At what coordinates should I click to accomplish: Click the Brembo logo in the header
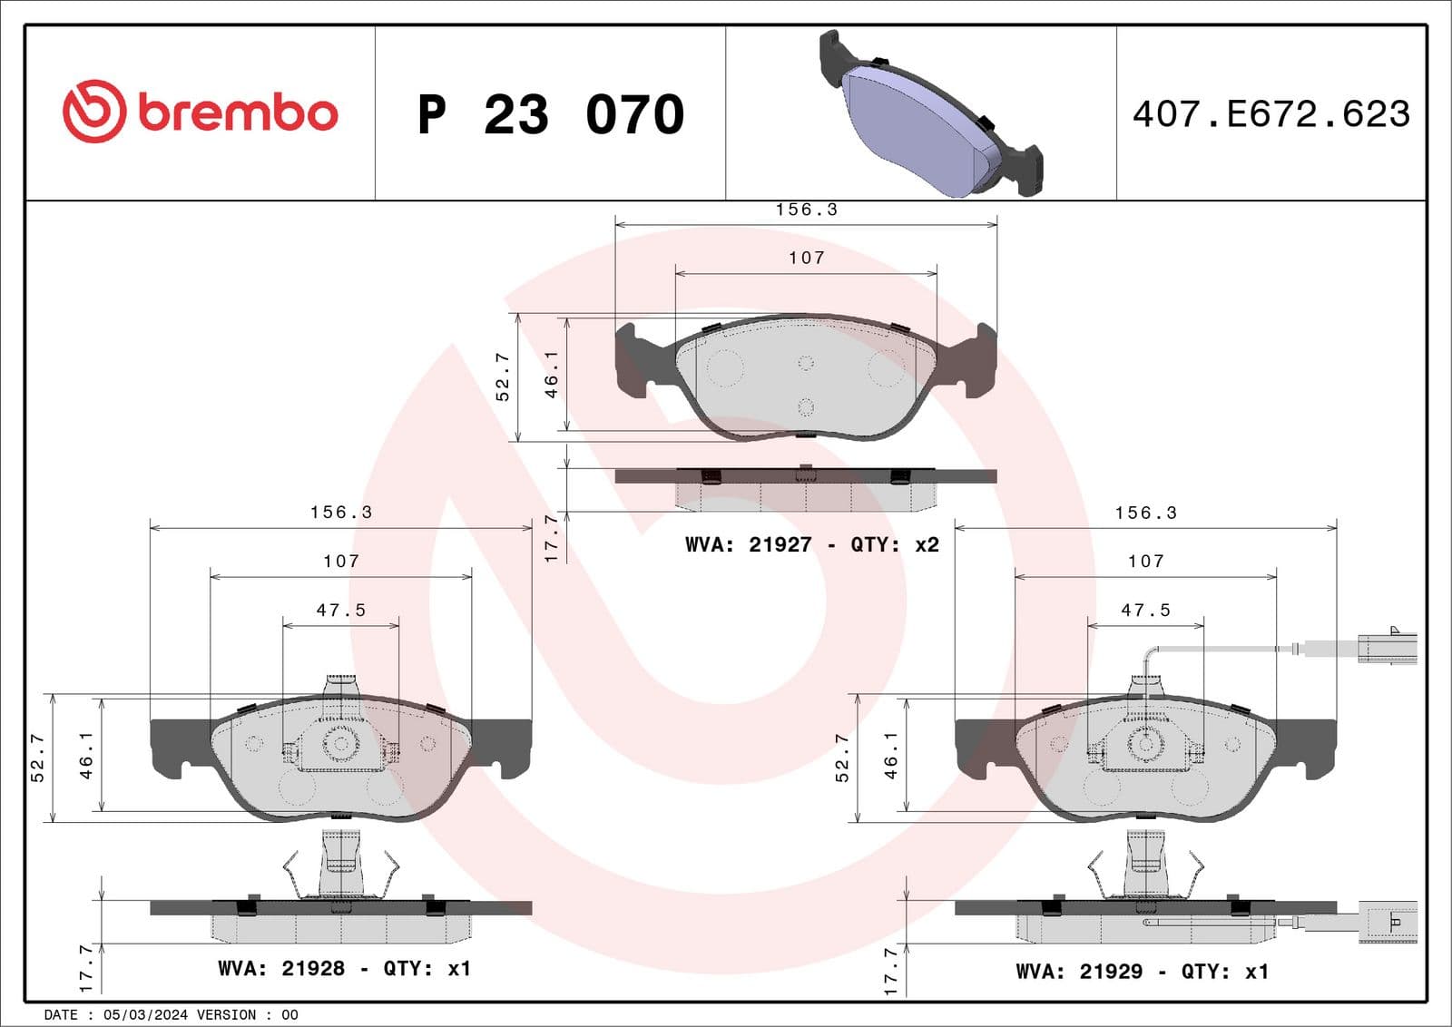point(200,112)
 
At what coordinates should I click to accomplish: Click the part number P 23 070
point(550,114)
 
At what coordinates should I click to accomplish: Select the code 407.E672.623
point(1270,114)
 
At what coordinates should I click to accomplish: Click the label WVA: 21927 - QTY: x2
point(811,544)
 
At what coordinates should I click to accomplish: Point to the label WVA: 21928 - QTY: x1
point(344,968)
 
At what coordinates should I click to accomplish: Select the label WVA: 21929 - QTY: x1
point(1141,972)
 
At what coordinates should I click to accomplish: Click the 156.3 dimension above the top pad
point(806,210)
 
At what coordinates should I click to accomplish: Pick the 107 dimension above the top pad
point(806,258)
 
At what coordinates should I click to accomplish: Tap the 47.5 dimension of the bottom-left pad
point(340,611)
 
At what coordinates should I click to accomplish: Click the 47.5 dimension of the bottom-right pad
point(1145,611)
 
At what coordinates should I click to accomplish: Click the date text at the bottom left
point(171,1015)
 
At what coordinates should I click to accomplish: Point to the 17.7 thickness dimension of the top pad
point(551,537)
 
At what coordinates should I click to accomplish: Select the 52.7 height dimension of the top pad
point(503,377)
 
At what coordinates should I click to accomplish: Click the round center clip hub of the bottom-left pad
point(341,744)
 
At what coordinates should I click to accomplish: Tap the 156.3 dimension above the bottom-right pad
point(1145,513)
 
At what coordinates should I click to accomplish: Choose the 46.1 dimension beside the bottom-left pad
point(86,755)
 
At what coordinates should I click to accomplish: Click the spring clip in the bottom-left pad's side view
point(341,871)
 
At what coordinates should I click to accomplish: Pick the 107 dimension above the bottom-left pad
point(340,562)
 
